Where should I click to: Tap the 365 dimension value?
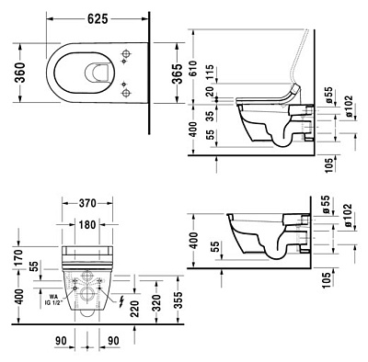pyautogui.click(x=165, y=74)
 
